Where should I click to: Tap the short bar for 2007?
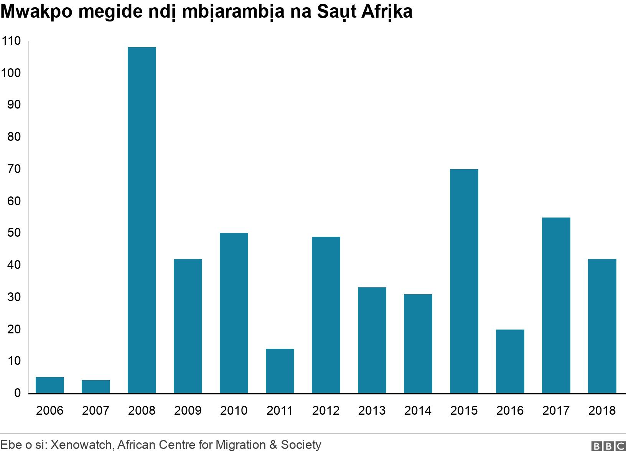pyautogui.click(x=96, y=386)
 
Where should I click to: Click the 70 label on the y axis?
pyautogui.click(x=13, y=169)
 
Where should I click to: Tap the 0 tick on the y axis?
pyautogui.click(x=17, y=393)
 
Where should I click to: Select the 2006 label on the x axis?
pyautogui.click(x=49, y=411)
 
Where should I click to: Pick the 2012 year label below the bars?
pyautogui.click(x=326, y=411)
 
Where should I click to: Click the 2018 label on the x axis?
pyautogui.click(x=602, y=411)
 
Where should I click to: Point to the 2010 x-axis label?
pyautogui.click(x=234, y=411)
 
